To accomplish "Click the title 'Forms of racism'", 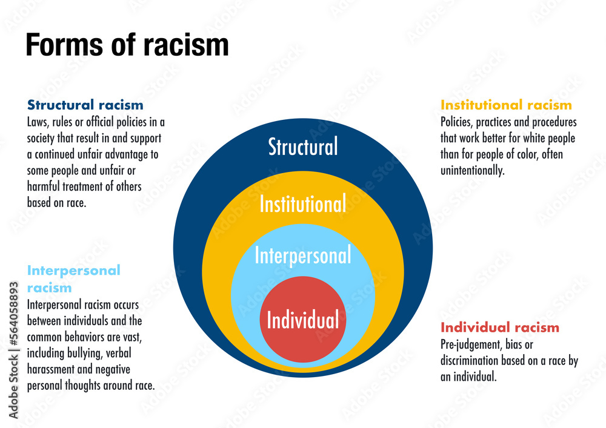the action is point(127,45).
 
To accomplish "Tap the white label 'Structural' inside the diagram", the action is point(303,147).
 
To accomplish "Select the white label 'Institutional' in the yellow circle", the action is point(303,204).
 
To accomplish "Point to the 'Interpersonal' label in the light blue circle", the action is point(303,255).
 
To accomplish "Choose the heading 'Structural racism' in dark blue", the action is point(85,105).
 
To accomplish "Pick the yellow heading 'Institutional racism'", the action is point(506,105).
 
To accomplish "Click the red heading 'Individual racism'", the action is point(500,328).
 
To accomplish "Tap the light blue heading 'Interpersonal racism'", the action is point(73,278).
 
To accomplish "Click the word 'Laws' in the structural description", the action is point(38,122).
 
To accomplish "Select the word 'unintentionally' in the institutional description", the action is point(473,171).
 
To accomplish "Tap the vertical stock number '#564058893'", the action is point(13,314).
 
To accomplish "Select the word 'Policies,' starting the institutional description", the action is point(456,122).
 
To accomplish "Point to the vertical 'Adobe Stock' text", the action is point(13,387).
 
